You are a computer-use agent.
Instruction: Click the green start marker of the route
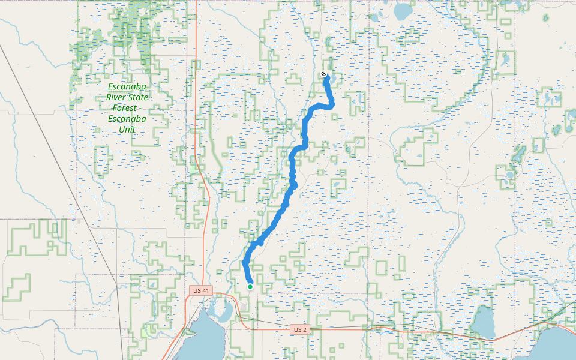click(x=250, y=287)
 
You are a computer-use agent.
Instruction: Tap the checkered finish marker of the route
click(x=324, y=74)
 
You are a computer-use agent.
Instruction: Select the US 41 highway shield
click(x=201, y=291)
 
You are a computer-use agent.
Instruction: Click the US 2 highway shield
click(x=301, y=329)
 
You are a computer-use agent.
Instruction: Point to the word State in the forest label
click(x=136, y=97)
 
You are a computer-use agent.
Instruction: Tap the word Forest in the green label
click(x=124, y=108)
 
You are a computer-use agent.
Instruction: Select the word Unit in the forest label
click(x=127, y=129)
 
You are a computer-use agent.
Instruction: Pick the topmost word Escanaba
click(x=127, y=86)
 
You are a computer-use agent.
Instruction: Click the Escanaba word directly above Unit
click(x=127, y=118)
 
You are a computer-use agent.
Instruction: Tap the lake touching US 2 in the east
click(x=483, y=323)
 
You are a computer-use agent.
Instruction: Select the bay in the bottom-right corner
click(x=558, y=345)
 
